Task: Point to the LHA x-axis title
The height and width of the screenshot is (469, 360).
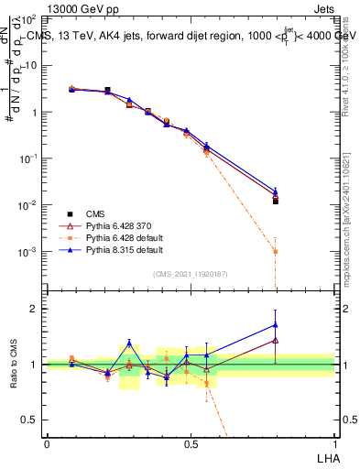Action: (324, 457)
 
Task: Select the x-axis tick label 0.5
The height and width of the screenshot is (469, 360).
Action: (191, 443)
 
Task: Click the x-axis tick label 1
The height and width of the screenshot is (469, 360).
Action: (334, 443)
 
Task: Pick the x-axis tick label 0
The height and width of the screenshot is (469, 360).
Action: (47, 443)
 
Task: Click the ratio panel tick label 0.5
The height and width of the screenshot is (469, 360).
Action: (33, 420)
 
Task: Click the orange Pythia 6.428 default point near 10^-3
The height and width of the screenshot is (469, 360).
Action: (275, 251)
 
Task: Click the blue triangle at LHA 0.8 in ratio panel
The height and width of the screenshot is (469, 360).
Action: (275, 324)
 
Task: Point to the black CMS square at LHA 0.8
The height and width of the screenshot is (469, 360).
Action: (275, 201)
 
